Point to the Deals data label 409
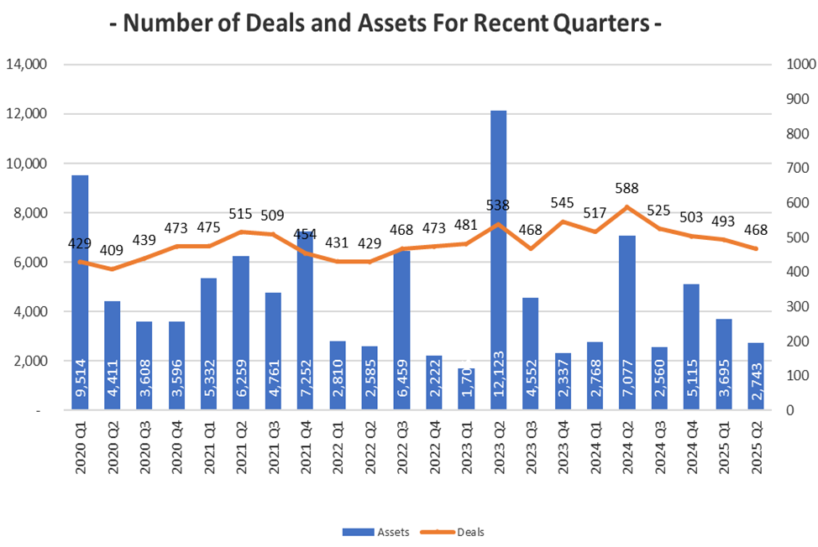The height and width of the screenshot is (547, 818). click(x=113, y=249)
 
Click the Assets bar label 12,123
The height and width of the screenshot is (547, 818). click(x=499, y=377)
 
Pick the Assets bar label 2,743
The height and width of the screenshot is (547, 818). click(x=756, y=383)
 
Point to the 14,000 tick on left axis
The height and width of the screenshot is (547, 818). click(x=27, y=65)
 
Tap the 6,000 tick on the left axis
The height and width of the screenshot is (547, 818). click(x=30, y=263)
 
